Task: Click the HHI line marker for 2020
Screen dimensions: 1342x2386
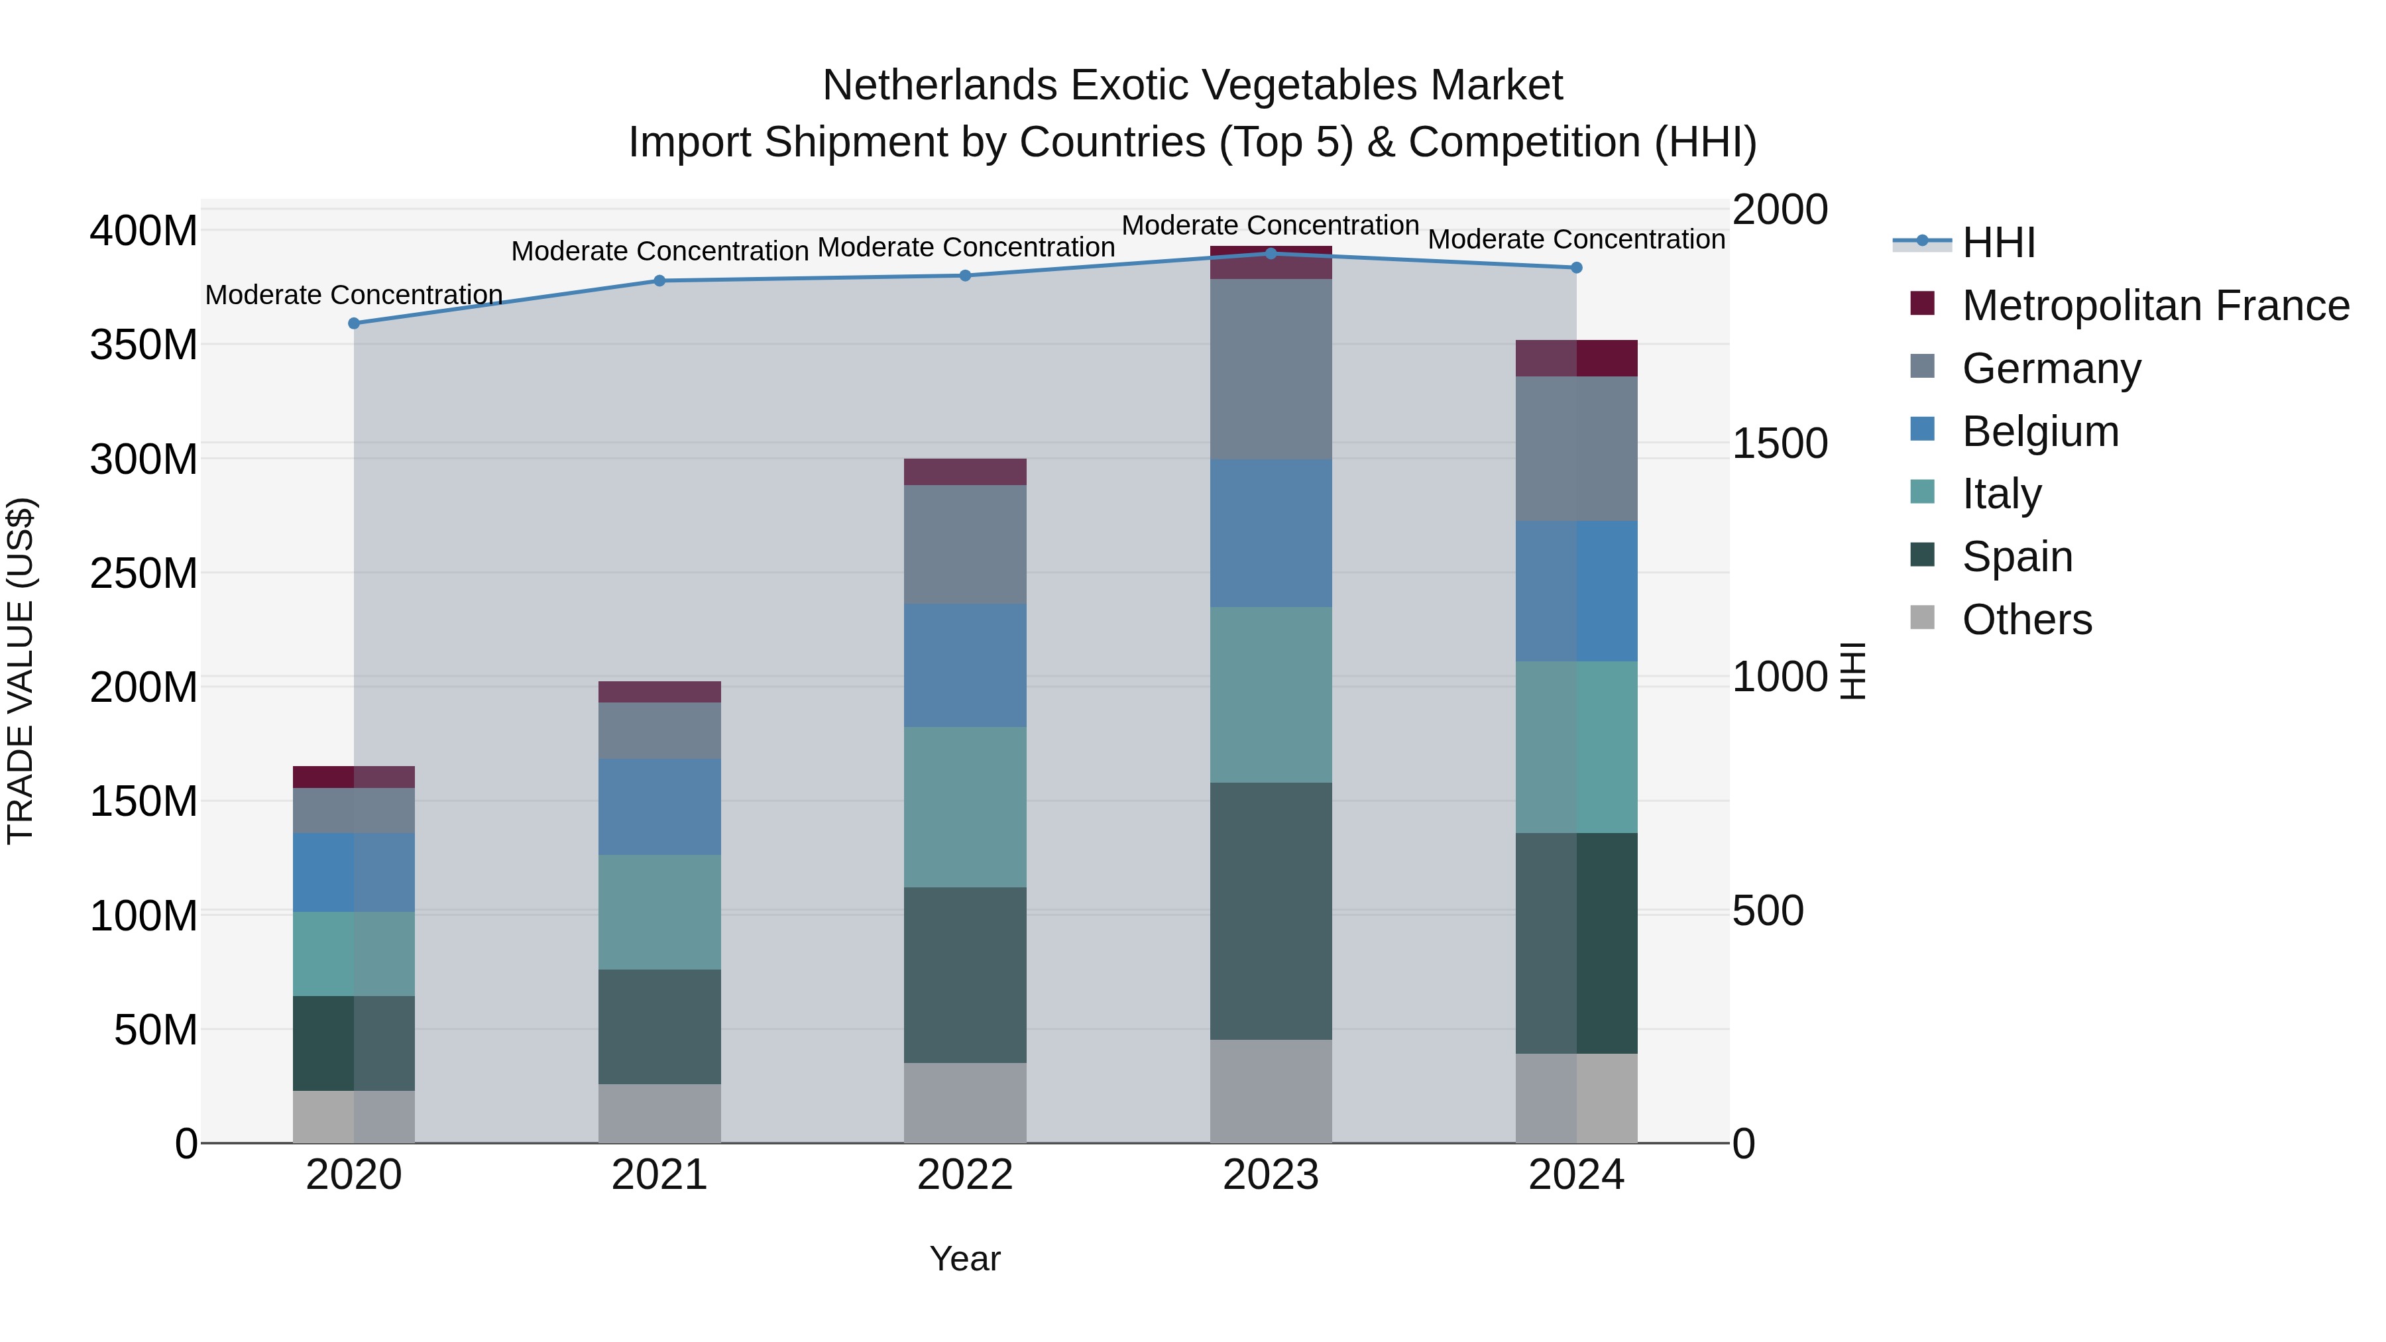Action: (x=354, y=323)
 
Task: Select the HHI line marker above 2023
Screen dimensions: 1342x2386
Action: (x=1271, y=253)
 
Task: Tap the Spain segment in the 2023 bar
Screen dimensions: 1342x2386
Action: (x=1271, y=911)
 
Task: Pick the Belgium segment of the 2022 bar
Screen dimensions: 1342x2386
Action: (x=965, y=665)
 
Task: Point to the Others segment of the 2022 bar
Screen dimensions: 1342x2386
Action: (x=965, y=1102)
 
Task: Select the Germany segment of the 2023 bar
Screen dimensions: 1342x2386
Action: (x=1271, y=368)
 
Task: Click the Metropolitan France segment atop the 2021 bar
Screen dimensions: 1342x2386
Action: (x=659, y=692)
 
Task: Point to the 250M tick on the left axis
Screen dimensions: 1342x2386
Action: (x=144, y=573)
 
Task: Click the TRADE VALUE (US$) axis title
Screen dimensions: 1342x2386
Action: (x=21, y=671)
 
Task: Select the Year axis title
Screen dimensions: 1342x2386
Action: (x=964, y=1258)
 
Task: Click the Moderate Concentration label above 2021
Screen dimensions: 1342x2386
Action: (x=659, y=251)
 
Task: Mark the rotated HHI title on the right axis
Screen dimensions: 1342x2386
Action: (x=1852, y=671)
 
